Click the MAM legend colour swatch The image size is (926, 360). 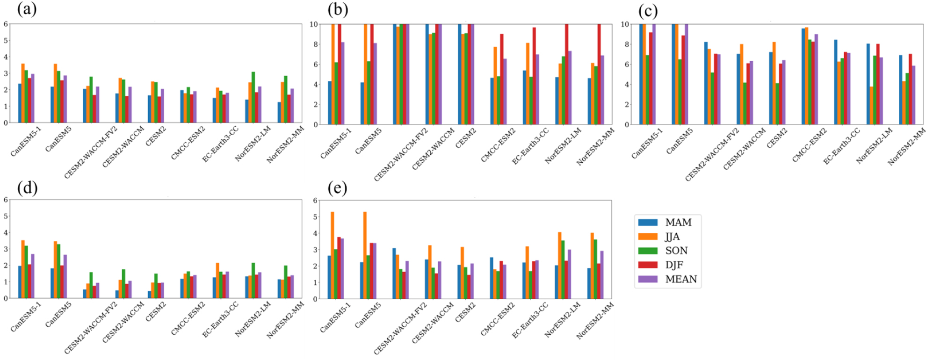648,223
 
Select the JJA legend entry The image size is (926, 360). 672,237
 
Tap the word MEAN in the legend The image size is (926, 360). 681,279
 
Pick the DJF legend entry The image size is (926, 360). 674,265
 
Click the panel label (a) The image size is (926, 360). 27,9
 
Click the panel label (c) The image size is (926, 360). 648,10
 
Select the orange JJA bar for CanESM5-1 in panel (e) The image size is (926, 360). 333,255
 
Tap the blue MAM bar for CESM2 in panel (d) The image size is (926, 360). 150,295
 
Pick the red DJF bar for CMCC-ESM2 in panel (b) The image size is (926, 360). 502,79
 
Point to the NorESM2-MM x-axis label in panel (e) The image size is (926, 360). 595,321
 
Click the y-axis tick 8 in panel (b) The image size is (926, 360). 315,44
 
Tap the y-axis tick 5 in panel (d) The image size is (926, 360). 6,216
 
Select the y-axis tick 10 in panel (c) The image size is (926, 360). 624,24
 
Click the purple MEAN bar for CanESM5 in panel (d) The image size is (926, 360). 65,276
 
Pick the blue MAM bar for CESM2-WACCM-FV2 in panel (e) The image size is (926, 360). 394,274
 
